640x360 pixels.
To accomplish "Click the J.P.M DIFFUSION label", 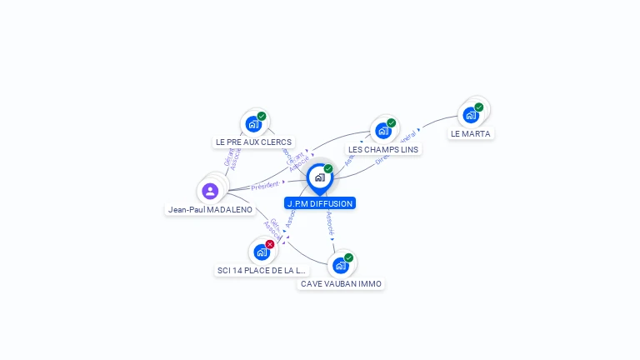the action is [x=320, y=203].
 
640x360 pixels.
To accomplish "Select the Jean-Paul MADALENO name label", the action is [x=210, y=210].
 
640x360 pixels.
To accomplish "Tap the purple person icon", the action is [x=210, y=191].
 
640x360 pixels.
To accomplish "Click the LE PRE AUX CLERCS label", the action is [x=253, y=142].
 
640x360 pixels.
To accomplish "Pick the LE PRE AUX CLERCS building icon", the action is [x=252, y=124].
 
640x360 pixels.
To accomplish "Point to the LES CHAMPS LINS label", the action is [x=384, y=149].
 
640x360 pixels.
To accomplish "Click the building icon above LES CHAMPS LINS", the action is [x=382, y=130].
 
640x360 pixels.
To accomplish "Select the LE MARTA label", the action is [x=471, y=133].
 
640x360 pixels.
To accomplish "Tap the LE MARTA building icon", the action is [x=471, y=114].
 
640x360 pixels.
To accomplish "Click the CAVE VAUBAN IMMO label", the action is [x=341, y=284].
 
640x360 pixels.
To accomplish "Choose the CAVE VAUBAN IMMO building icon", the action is [x=340, y=265].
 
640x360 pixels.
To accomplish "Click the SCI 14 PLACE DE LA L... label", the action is [x=262, y=271].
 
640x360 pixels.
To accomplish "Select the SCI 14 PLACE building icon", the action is [x=261, y=252].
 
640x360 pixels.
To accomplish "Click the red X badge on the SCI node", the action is [x=270, y=244].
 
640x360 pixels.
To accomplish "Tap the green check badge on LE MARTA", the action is [x=479, y=107].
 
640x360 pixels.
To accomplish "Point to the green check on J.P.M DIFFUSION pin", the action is [x=328, y=169].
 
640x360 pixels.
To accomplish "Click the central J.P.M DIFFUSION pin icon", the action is [x=319, y=177].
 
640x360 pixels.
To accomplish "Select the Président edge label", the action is [x=265, y=185].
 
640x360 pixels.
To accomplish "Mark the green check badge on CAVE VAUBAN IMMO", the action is [x=348, y=257].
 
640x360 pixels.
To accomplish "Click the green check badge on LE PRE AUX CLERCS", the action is [x=262, y=117].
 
